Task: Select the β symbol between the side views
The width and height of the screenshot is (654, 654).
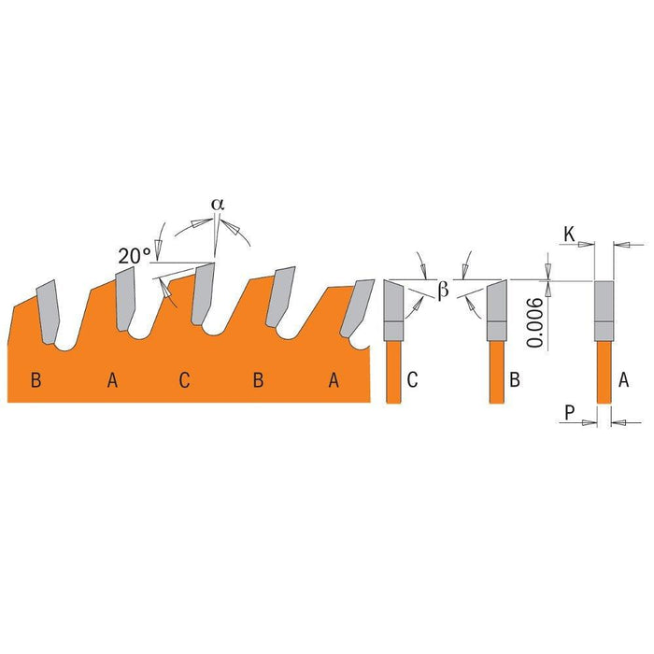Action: point(444,291)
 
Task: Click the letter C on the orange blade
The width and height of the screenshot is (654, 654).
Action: point(184,379)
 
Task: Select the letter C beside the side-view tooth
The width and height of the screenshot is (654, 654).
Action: point(413,379)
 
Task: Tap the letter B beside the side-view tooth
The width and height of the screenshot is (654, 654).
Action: point(514,379)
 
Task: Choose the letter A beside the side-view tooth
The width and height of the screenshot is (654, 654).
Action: point(623,379)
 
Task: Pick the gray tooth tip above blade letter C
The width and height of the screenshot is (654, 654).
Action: point(204,292)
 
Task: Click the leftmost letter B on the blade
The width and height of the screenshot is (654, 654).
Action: point(36,379)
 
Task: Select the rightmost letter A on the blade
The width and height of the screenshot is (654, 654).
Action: point(333,379)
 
